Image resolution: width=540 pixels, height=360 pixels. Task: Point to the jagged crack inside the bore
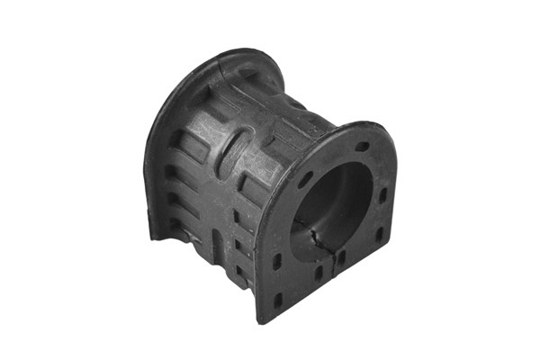pos(317,241)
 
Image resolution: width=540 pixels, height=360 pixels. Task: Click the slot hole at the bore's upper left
pos(306,179)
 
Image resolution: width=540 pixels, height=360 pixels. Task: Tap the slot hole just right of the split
pos(342,258)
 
